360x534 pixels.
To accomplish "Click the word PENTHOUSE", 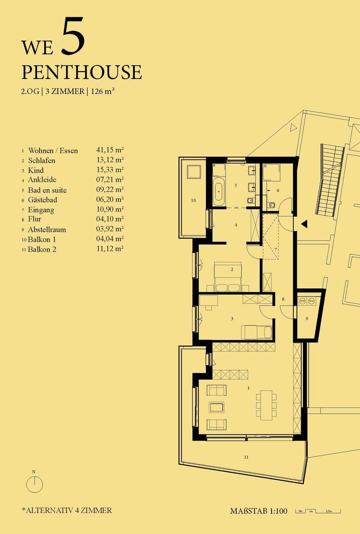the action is [82, 72].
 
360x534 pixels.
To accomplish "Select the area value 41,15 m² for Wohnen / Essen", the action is [110, 150].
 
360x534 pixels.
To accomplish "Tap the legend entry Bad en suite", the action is [47, 190].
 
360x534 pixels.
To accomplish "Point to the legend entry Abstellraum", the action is [47, 230].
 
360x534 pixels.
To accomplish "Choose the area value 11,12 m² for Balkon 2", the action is [110, 249].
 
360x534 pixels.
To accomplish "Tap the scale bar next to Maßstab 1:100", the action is [318, 511].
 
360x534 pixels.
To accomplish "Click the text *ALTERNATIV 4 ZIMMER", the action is [67, 510].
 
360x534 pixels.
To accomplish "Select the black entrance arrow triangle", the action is [304, 224].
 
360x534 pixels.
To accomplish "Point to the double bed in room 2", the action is [228, 277].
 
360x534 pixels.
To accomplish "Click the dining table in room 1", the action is [266, 405].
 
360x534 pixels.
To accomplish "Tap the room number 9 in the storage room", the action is [307, 319].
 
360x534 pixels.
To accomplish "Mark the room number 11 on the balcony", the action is [246, 457].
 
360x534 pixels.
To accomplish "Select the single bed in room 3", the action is [256, 332].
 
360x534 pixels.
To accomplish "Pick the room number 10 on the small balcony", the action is [194, 200].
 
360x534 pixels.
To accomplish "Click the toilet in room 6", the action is [271, 205].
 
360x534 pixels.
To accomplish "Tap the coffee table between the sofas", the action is [216, 408].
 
